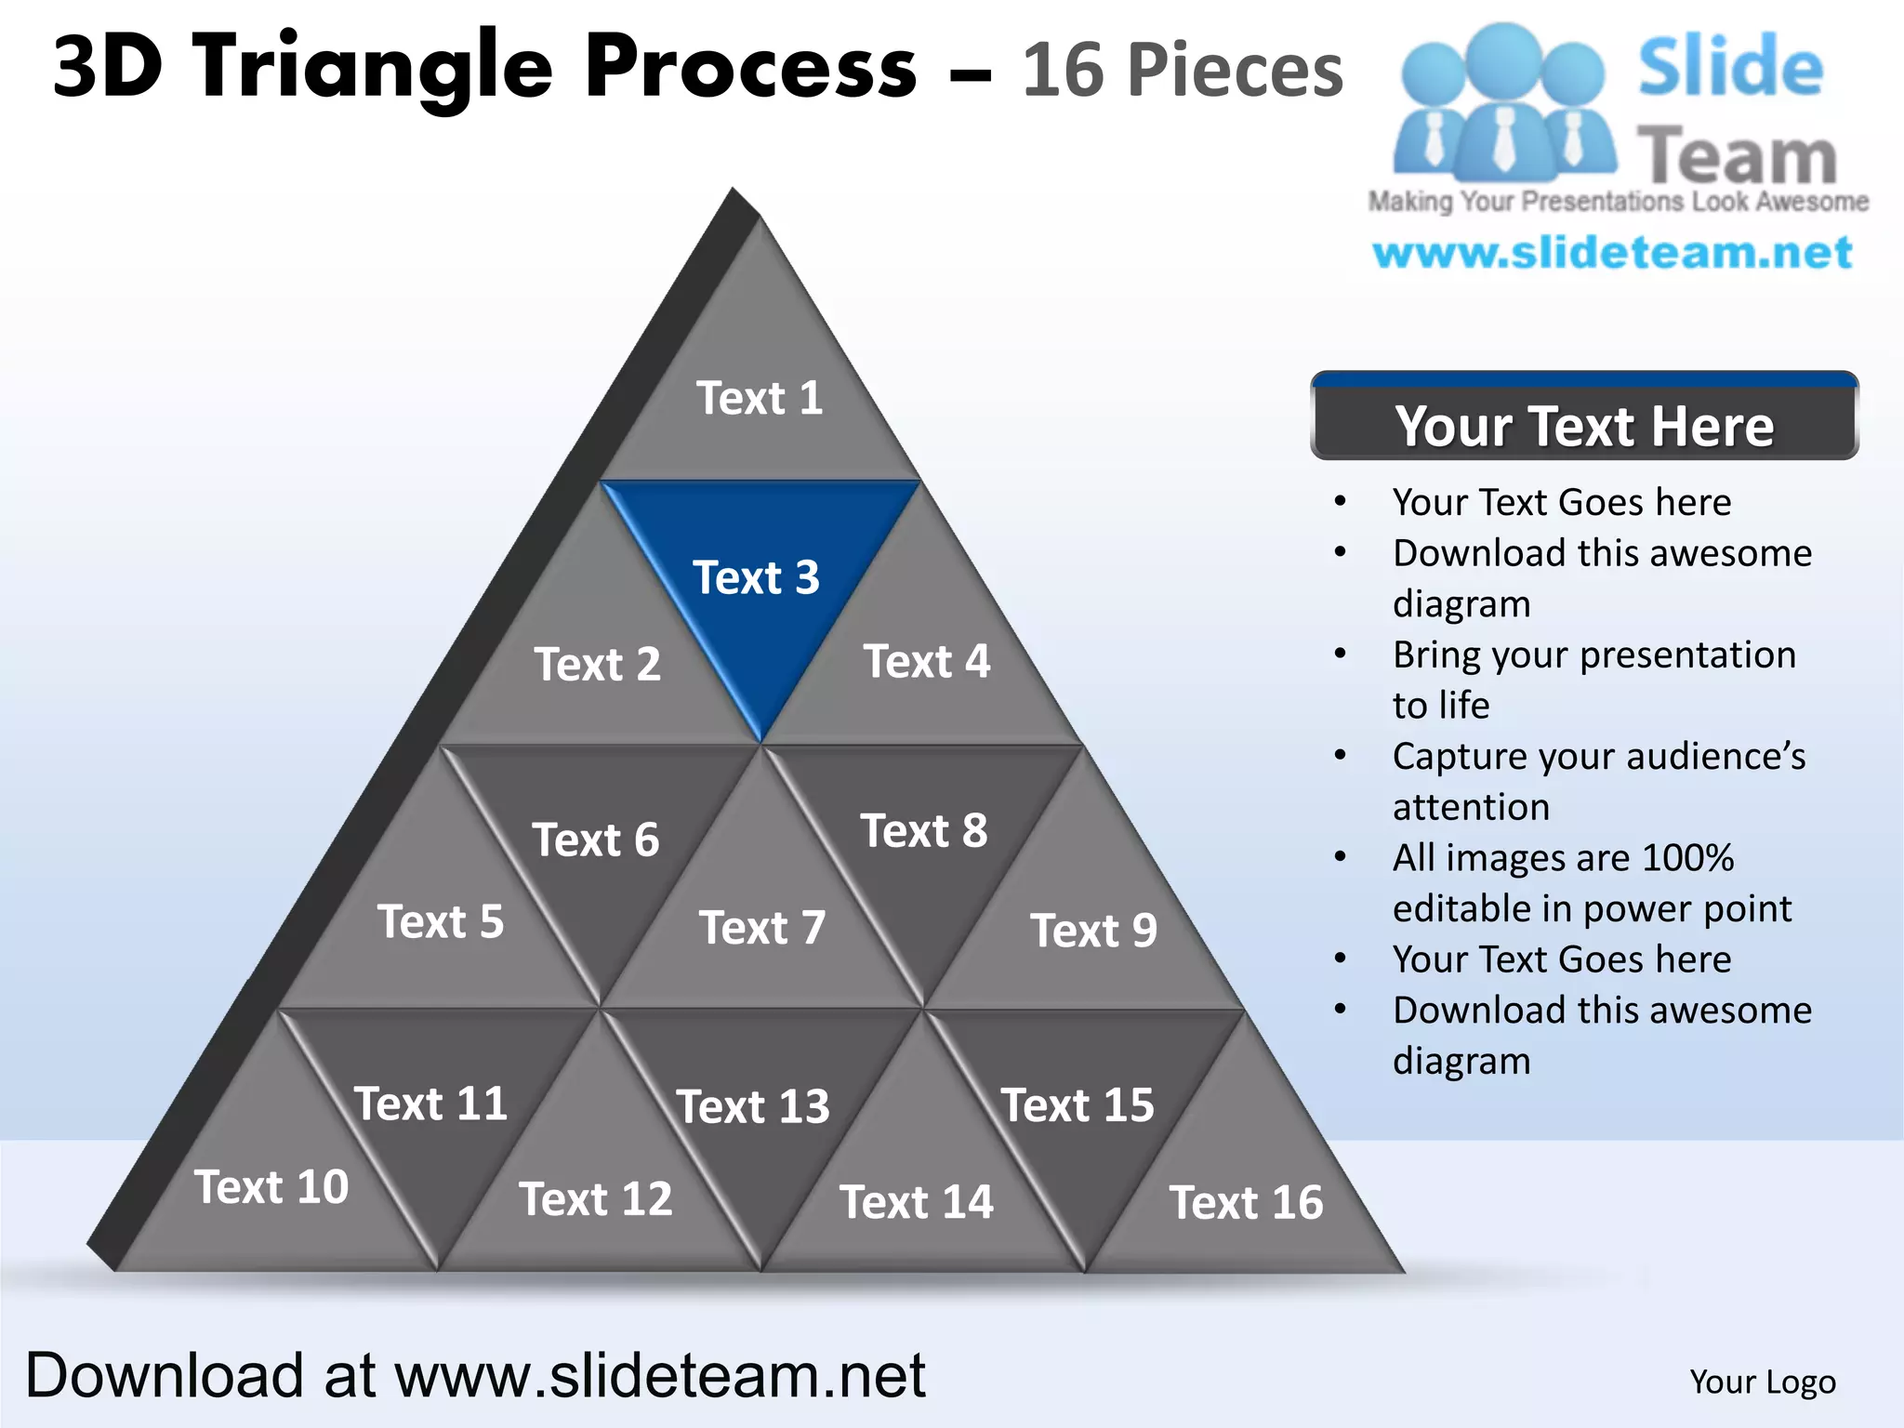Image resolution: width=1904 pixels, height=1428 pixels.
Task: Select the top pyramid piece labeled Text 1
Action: click(760, 398)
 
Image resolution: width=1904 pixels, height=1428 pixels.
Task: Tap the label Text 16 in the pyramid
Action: click(1246, 1202)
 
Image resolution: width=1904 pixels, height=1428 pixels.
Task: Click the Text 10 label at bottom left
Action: click(271, 1187)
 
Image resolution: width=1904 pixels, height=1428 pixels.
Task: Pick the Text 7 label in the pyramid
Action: click(762, 928)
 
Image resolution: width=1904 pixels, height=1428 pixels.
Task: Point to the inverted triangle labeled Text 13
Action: click(753, 1106)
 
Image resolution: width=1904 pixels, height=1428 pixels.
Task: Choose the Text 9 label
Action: click(1093, 931)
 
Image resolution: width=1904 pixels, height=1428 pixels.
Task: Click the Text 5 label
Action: click(441, 922)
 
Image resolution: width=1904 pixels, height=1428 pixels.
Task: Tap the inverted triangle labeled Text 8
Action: click(924, 831)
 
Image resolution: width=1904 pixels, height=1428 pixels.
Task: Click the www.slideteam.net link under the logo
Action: click(1612, 253)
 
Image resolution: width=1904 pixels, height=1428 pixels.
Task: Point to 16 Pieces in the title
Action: click(1183, 70)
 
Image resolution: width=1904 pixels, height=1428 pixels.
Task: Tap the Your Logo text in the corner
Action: click(1763, 1382)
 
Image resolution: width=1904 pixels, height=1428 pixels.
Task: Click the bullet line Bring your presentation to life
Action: click(1593, 680)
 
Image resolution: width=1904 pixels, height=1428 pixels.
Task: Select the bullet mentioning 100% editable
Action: click(1592, 882)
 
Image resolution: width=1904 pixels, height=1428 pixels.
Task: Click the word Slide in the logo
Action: click(1730, 67)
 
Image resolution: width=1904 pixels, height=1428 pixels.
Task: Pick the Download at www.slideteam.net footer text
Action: click(475, 1375)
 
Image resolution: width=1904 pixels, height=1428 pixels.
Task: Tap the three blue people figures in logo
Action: click(1503, 102)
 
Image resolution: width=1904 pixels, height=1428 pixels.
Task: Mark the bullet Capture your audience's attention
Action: click(1597, 781)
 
